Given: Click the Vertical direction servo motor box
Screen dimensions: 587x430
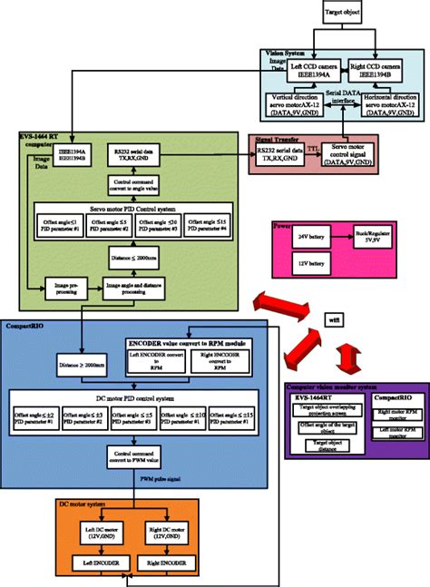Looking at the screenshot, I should pyautogui.click(x=300, y=104).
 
